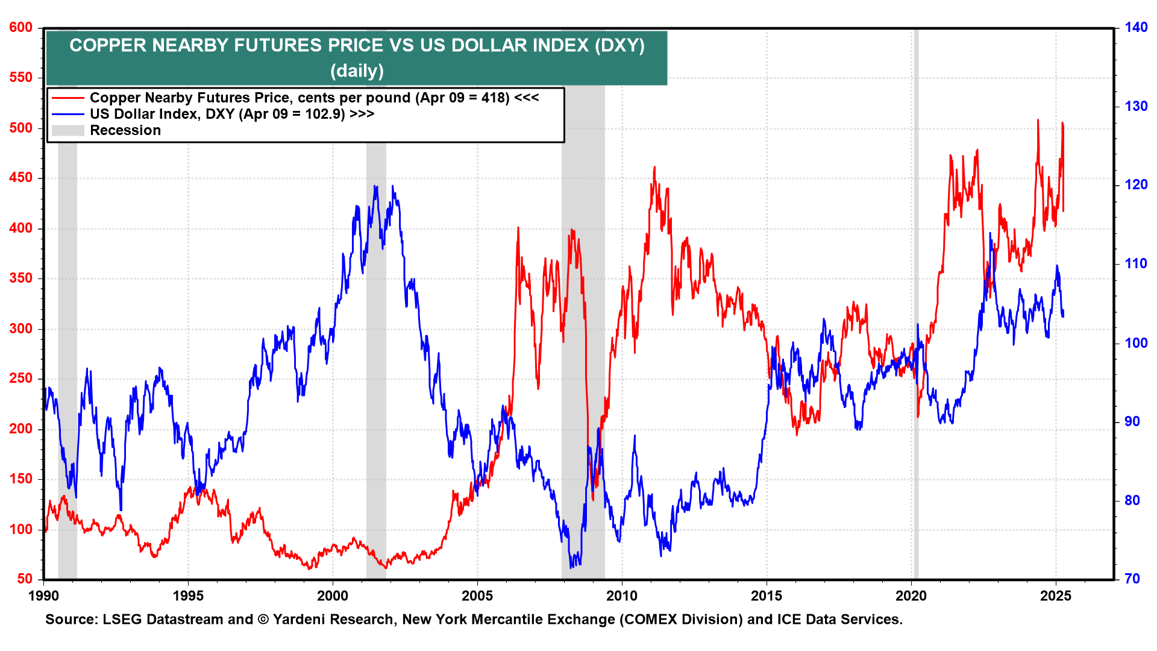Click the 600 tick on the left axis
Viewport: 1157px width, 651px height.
(20, 28)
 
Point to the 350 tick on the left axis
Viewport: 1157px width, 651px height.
(20, 278)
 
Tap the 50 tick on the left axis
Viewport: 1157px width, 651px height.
(25, 579)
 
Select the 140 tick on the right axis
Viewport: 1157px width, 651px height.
(1136, 28)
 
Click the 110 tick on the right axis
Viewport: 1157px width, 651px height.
(1136, 264)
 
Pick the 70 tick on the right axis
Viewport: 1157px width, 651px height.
(1132, 579)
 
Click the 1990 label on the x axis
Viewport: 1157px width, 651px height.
(43, 596)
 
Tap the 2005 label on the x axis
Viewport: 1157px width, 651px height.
(477, 596)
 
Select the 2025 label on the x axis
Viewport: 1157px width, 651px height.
(1056, 596)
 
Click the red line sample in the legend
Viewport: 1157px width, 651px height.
(67, 98)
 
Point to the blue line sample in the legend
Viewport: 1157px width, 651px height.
(67, 114)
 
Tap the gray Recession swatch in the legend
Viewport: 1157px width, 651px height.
(67, 130)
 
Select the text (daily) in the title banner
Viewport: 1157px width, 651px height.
(357, 71)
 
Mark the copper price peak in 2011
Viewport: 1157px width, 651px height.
(654, 168)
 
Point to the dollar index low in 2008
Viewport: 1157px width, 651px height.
(571, 567)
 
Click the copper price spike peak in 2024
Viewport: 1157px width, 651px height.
(1038, 120)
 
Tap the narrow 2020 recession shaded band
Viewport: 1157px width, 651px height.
(916, 301)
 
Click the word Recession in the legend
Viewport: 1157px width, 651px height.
(125, 130)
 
